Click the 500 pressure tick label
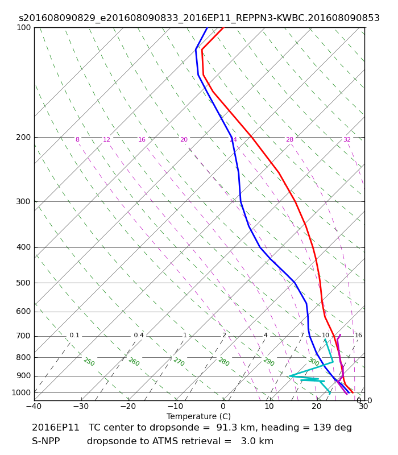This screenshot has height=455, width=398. coord(23,283)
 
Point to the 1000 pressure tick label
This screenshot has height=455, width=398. coord(22,392)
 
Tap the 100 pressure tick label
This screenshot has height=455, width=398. coord(23,27)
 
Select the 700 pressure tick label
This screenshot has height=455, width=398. coord(23,336)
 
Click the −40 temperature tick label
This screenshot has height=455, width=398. coord(34,407)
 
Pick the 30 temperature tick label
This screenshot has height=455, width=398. coord(363,407)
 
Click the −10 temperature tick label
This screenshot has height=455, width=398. coord(175,407)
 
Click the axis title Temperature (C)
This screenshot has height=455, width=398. coord(198,416)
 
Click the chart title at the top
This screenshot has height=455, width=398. coord(199,18)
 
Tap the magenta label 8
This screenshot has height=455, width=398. coord(77,140)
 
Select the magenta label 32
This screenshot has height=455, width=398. coord(347,140)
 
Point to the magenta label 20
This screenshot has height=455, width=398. coord(184,140)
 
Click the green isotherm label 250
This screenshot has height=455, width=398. coord(89,362)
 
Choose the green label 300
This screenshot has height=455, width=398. coord(313,362)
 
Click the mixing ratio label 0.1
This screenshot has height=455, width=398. coord(74,336)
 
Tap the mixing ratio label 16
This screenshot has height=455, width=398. coord(358,336)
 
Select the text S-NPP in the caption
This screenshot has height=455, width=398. coord(45,441)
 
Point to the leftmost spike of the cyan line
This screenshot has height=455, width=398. coord(289,376)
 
